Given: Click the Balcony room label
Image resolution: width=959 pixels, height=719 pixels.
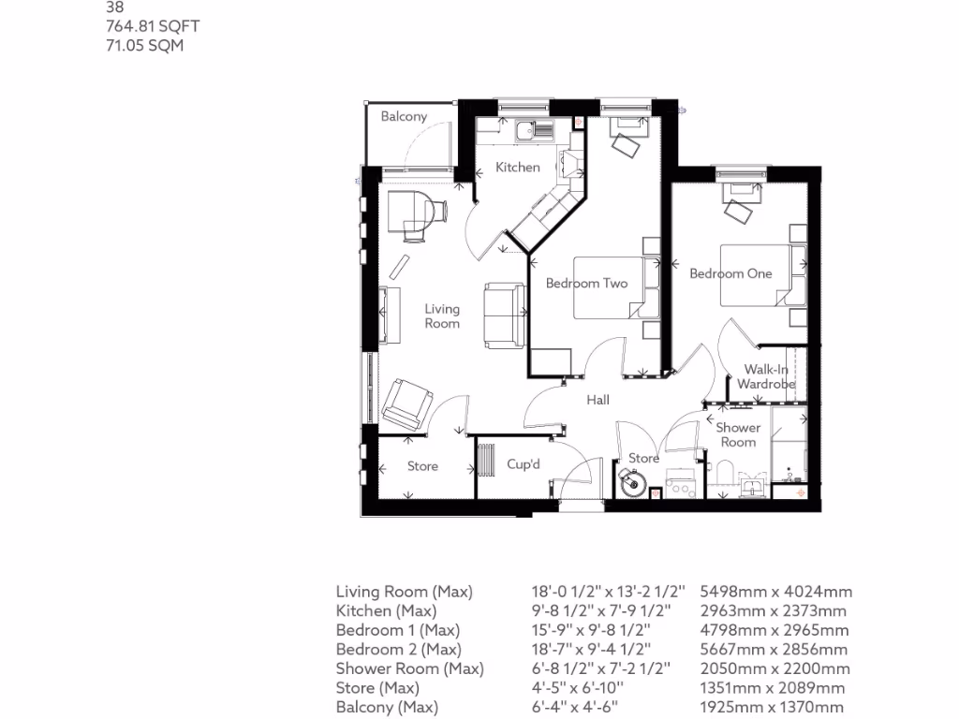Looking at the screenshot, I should click(x=404, y=117).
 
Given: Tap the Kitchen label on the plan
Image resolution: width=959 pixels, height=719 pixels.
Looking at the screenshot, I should click(x=518, y=168).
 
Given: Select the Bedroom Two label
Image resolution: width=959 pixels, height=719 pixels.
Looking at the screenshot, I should click(x=586, y=284).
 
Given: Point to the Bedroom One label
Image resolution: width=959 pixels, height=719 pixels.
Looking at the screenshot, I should click(x=730, y=273).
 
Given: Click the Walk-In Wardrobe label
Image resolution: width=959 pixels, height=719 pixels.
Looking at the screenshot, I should click(x=766, y=376).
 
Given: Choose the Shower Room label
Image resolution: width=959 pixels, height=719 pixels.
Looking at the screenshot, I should click(x=738, y=434).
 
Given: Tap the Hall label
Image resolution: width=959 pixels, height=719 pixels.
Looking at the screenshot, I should click(x=598, y=400).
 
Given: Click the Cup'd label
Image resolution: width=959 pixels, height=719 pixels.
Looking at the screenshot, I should click(x=524, y=464).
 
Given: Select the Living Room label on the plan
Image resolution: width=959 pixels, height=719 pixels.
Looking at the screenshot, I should click(x=442, y=315).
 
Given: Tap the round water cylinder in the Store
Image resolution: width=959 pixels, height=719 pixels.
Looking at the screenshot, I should click(x=632, y=484).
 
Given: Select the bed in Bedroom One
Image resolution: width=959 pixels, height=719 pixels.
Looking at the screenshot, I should click(x=754, y=275).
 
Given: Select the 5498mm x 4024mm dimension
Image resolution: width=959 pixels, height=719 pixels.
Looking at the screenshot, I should click(x=775, y=592).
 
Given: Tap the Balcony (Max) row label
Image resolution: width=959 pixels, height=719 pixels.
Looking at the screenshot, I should click(x=387, y=708).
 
